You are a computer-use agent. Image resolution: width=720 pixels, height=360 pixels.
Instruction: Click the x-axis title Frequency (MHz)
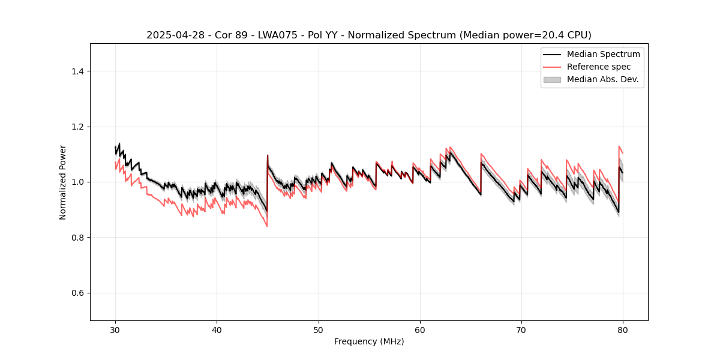coord(369,341)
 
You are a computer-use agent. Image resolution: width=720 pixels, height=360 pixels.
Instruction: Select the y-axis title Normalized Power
coord(63,182)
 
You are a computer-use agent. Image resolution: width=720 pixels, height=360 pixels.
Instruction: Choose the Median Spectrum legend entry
coord(603,54)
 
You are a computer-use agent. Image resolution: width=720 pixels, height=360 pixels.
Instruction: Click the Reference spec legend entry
coord(599,67)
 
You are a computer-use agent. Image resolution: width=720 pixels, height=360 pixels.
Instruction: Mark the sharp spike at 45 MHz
coord(268,155)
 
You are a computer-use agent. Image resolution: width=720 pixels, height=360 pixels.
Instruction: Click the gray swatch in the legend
coord(552,79)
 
